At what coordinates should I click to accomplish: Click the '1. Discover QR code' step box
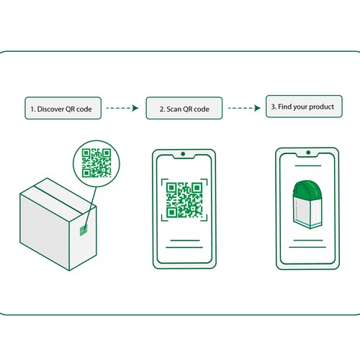[x=63, y=108]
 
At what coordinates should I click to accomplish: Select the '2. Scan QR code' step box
[x=184, y=108]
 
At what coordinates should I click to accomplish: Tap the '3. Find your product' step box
[x=304, y=107]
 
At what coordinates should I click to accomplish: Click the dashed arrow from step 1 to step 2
[x=122, y=108]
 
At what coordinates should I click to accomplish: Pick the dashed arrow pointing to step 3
[x=244, y=108]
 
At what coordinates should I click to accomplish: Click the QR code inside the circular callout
[x=96, y=163]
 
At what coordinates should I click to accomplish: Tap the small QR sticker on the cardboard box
[x=84, y=230]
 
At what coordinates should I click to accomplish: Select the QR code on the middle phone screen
[x=184, y=200]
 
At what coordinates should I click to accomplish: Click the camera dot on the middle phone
[x=183, y=154]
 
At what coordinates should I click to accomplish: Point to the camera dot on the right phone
[x=308, y=153]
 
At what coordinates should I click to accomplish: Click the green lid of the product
[x=307, y=189]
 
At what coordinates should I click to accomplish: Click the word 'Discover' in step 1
[x=50, y=109]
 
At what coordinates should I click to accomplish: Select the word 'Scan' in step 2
[x=174, y=109]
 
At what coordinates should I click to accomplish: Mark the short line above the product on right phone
[x=308, y=166]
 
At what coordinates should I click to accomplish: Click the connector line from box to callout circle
[x=91, y=207]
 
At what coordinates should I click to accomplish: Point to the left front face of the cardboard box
[x=45, y=232]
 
